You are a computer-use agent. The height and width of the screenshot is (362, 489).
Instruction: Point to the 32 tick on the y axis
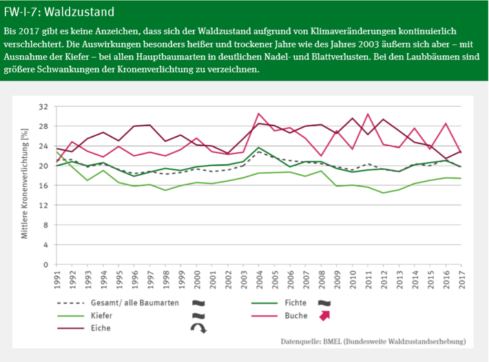[43, 107]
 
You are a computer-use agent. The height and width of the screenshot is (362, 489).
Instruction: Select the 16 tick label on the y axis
[43, 185]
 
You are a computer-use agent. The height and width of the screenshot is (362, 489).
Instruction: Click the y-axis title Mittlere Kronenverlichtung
[24, 185]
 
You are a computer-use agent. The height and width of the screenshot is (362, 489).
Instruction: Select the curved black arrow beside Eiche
[198, 328]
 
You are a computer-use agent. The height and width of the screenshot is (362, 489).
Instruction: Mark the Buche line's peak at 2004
[258, 114]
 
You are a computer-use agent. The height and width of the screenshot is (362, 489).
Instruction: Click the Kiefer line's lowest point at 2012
[383, 192]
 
